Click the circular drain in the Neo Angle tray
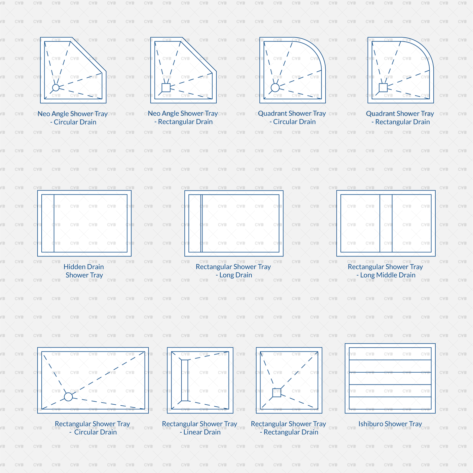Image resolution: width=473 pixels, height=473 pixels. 56,88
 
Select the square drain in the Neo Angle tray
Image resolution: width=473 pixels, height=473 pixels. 166,88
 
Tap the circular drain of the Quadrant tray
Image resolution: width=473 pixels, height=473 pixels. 275,88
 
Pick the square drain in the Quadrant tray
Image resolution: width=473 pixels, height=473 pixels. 383,88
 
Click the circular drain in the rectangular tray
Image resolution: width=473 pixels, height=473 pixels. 68,397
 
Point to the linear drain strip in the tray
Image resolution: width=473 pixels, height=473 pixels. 185,380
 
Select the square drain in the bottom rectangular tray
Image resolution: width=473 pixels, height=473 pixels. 277,393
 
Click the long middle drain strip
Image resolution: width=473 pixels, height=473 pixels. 386,223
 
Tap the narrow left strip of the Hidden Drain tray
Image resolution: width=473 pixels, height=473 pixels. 48,223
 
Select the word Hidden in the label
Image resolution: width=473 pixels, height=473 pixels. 74,267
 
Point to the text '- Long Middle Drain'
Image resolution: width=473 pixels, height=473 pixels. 386,275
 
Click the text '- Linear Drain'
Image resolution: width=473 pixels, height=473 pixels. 200,432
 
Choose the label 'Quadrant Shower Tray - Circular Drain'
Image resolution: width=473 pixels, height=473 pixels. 292,117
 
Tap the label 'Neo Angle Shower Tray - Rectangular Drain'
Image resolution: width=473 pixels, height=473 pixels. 183,117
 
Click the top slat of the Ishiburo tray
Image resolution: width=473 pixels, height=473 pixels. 390,354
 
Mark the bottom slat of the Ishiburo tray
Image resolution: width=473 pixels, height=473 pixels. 390,403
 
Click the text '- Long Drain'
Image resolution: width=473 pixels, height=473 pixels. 234,275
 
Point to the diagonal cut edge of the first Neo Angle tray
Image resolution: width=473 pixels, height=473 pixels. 89,55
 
